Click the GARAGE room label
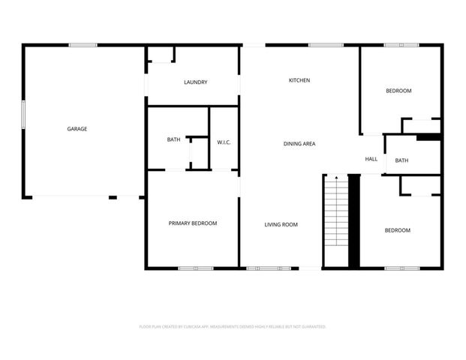tap(77, 129)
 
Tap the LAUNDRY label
tap(195, 82)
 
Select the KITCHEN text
tap(300, 80)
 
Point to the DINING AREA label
tap(299, 143)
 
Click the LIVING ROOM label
tap(281, 224)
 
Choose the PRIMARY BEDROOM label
tap(193, 223)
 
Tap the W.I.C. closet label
tap(224, 141)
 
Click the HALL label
tap(371, 159)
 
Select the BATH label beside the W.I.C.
tap(173, 139)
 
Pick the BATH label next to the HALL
tap(402, 160)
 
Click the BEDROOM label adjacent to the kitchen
tap(398, 91)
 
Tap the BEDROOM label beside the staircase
tap(398, 230)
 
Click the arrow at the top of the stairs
tap(337, 178)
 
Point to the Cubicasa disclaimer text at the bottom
tap(233, 327)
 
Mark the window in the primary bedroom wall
tap(195, 268)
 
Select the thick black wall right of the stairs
tap(355, 221)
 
